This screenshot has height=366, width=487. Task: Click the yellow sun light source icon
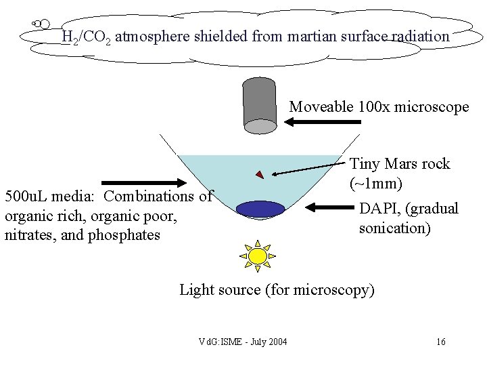258,255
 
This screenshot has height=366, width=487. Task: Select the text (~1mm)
376,184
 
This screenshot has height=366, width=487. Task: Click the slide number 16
440,342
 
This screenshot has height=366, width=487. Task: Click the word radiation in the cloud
420,37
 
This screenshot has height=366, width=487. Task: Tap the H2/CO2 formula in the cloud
86,37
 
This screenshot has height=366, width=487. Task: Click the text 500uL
26,197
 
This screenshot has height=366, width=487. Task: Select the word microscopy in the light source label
340,290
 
